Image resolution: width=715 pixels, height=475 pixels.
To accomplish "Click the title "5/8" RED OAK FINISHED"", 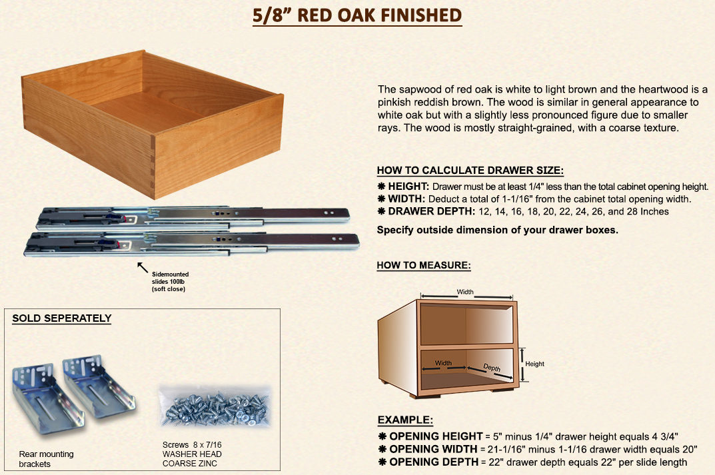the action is [357, 15].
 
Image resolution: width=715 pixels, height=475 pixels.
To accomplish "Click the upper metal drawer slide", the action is [193, 217].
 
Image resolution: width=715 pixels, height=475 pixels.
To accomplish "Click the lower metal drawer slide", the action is [191, 243].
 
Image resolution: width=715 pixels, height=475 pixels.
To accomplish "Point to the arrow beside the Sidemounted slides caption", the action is [143, 267].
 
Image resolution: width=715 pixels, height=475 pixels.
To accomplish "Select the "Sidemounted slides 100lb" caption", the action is [170, 278].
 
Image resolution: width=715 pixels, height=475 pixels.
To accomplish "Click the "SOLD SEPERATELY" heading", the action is [62, 318].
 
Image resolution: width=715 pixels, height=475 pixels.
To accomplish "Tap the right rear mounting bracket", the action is [99, 386].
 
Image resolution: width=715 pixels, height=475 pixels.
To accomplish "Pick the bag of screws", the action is [215, 406].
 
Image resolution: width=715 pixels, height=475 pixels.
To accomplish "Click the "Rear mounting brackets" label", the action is [46, 459].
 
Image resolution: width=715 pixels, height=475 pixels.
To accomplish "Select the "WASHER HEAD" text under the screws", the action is [192, 454].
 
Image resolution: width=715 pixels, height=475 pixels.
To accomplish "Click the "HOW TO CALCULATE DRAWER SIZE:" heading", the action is [470, 171].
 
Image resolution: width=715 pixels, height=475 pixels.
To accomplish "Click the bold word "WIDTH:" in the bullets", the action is [406, 199].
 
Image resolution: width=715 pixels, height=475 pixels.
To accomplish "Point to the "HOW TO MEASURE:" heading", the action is [424, 265].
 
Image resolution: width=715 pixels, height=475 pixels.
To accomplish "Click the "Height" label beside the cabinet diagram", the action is [534, 364].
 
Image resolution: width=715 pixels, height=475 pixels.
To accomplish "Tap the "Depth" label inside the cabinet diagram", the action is [492, 368].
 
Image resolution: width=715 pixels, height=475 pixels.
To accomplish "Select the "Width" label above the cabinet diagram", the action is [465, 292].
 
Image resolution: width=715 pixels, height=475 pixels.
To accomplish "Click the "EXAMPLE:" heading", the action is [405, 420].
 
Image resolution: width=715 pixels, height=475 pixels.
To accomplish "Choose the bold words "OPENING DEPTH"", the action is [434, 462].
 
